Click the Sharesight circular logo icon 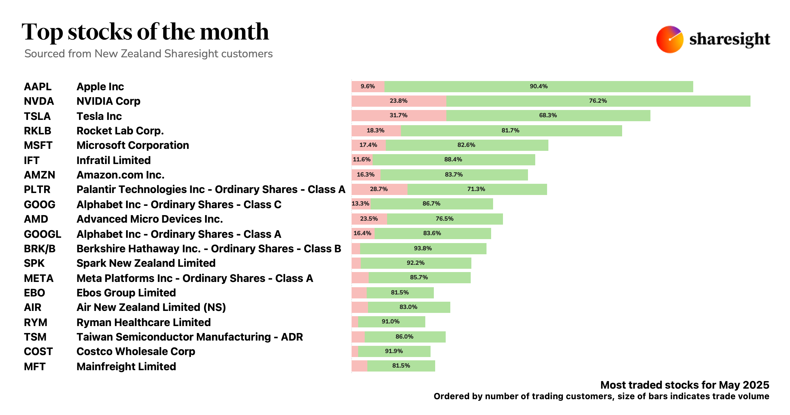click(x=670, y=40)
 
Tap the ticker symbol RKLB click(x=38, y=131)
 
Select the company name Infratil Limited click(x=114, y=160)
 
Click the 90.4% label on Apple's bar click(x=539, y=86)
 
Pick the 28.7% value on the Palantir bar click(x=379, y=189)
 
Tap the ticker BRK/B click(x=39, y=249)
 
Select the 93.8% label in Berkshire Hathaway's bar click(x=423, y=248)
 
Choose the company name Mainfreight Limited click(x=126, y=367)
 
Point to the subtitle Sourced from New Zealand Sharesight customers click(x=148, y=54)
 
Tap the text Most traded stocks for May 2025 click(x=685, y=385)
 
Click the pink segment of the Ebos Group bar click(x=359, y=293)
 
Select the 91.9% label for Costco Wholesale click(x=394, y=351)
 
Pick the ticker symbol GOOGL click(x=42, y=234)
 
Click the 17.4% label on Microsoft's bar click(x=368, y=145)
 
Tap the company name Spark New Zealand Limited click(x=146, y=263)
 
